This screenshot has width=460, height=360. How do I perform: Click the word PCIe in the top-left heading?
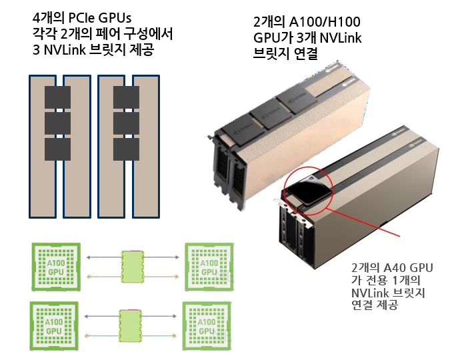[x=81, y=16]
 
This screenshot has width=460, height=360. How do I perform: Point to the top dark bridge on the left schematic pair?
[x=57, y=99]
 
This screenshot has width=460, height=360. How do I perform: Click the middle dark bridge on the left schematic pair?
[x=57, y=123]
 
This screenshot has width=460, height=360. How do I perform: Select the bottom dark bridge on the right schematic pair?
[x=126, y=149]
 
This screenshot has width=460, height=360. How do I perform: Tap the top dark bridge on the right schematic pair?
[x=126, y=99]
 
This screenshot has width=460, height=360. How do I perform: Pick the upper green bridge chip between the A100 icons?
[x=133, y=265]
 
